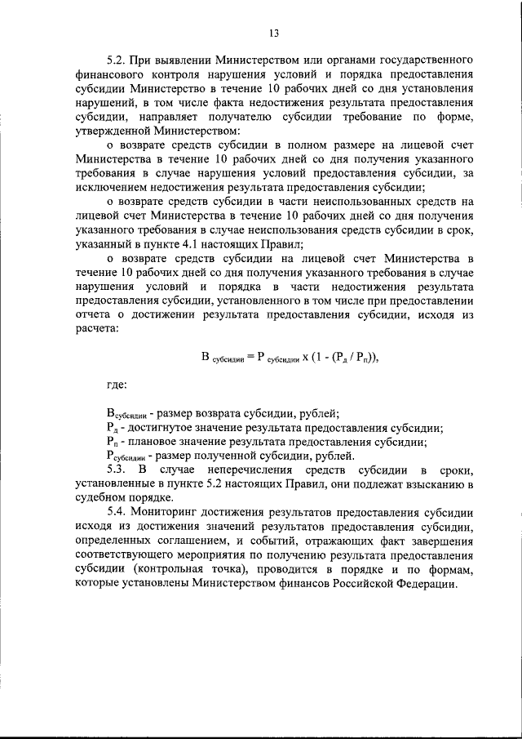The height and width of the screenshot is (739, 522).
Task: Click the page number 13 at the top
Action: click(x=273, y=33)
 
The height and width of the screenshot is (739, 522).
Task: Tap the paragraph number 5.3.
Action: click(x=118, y=470)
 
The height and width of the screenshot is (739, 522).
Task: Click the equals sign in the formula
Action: click(x=250, y=357)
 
